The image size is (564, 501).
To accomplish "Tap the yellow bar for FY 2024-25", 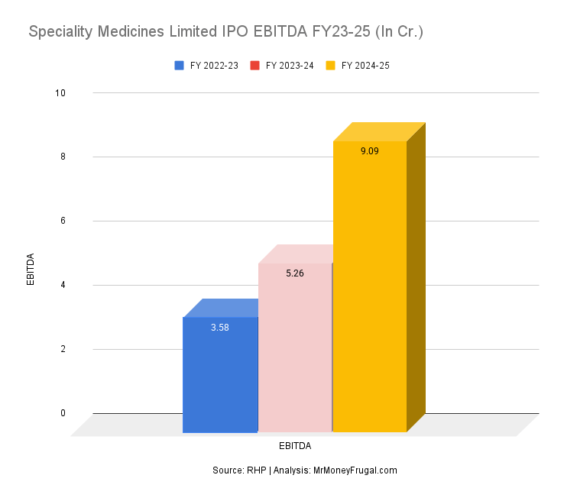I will (x=370, y=290).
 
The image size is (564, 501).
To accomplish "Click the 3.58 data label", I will (x=220, y=328).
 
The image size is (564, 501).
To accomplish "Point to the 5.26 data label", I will (x=295, y=273).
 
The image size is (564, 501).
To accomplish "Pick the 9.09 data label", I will (x=370, y=151).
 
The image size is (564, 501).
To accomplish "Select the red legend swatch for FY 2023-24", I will (x=255, y=66).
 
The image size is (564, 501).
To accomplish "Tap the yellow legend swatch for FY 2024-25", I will (x=331, y=66).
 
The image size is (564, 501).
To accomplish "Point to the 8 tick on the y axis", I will (x=63, y=157).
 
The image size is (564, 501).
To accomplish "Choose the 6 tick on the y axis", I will (x=63, y=221).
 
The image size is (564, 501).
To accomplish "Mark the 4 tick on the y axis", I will (x=63, y=286).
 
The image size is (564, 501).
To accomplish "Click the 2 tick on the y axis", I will (x=63, y=350).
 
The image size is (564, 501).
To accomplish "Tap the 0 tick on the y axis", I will (x=63, y=414).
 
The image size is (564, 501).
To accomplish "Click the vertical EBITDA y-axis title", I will (x=31, y=269).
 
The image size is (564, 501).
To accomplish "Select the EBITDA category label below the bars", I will (x=295, y=445).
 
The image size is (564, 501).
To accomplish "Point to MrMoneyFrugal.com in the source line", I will (x=355, y=470).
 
